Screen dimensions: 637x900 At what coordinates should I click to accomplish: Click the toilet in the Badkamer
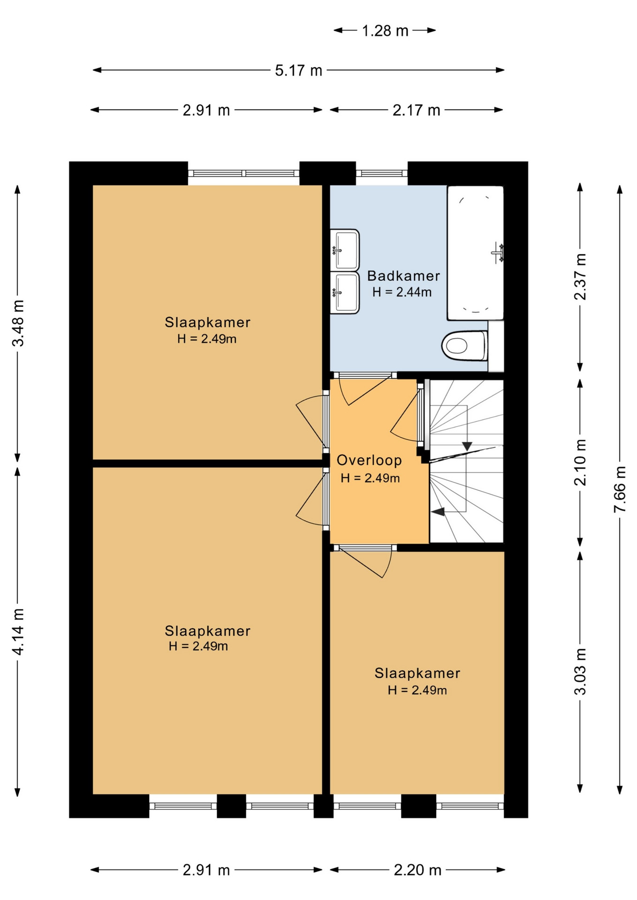(x=465, y=346)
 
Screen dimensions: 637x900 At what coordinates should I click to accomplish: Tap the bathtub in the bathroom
(x=475, y=253)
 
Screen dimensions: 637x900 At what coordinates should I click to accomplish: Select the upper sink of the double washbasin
(x=345, y=250)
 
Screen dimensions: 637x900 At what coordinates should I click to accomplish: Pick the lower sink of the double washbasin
(x=345, y=292)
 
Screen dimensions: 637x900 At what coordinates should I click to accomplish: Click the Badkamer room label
(x=403, y=276)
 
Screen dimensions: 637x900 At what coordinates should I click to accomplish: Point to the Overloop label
(x=369, y=460)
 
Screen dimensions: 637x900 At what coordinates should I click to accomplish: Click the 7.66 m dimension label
(x=620, y=489)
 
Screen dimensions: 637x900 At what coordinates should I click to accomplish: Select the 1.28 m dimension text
(x=385, y=31)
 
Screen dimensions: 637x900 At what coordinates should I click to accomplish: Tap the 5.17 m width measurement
(x=298, y=70)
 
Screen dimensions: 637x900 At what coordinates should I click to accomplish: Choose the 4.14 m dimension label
(x=18, y=631)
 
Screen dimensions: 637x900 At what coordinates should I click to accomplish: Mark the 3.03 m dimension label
(x=580, y=671)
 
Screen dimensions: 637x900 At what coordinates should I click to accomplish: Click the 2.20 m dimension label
(x=417, y=870)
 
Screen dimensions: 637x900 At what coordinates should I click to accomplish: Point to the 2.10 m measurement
(x=580, y=462)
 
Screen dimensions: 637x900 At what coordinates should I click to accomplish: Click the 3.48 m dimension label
(x=18, y=323)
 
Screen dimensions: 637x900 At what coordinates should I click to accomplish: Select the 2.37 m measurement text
(x=580, y=277)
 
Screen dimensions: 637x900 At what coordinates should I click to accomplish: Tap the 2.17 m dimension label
(x=417, y=110)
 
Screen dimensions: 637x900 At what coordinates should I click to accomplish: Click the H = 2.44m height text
(x=402, y=292)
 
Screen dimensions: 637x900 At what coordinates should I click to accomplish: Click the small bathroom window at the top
(x=381, y=173)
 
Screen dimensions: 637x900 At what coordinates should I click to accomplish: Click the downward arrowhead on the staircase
(x=467, y=446)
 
